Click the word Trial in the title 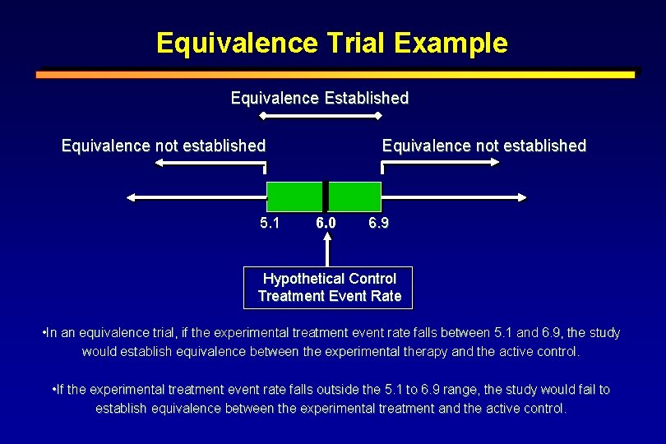click(x=352, y=43)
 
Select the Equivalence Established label click(x=319, y=98)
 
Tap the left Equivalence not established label click(x=164, y=146)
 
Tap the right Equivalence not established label click(x=483, y=146)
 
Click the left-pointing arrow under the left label click(x=210, y=163)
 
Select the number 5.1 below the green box click(x=270, y=223)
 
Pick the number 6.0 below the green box click(x=326, y=223)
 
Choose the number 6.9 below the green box click(x=379, y=223)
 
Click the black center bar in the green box click(x=326, y=197)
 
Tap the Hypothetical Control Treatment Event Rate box click(x=329, y=288)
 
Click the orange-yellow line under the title click(x=335, y=74)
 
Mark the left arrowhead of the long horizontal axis click(x=132, y=197)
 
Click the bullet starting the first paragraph click(x=43, y=333)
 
